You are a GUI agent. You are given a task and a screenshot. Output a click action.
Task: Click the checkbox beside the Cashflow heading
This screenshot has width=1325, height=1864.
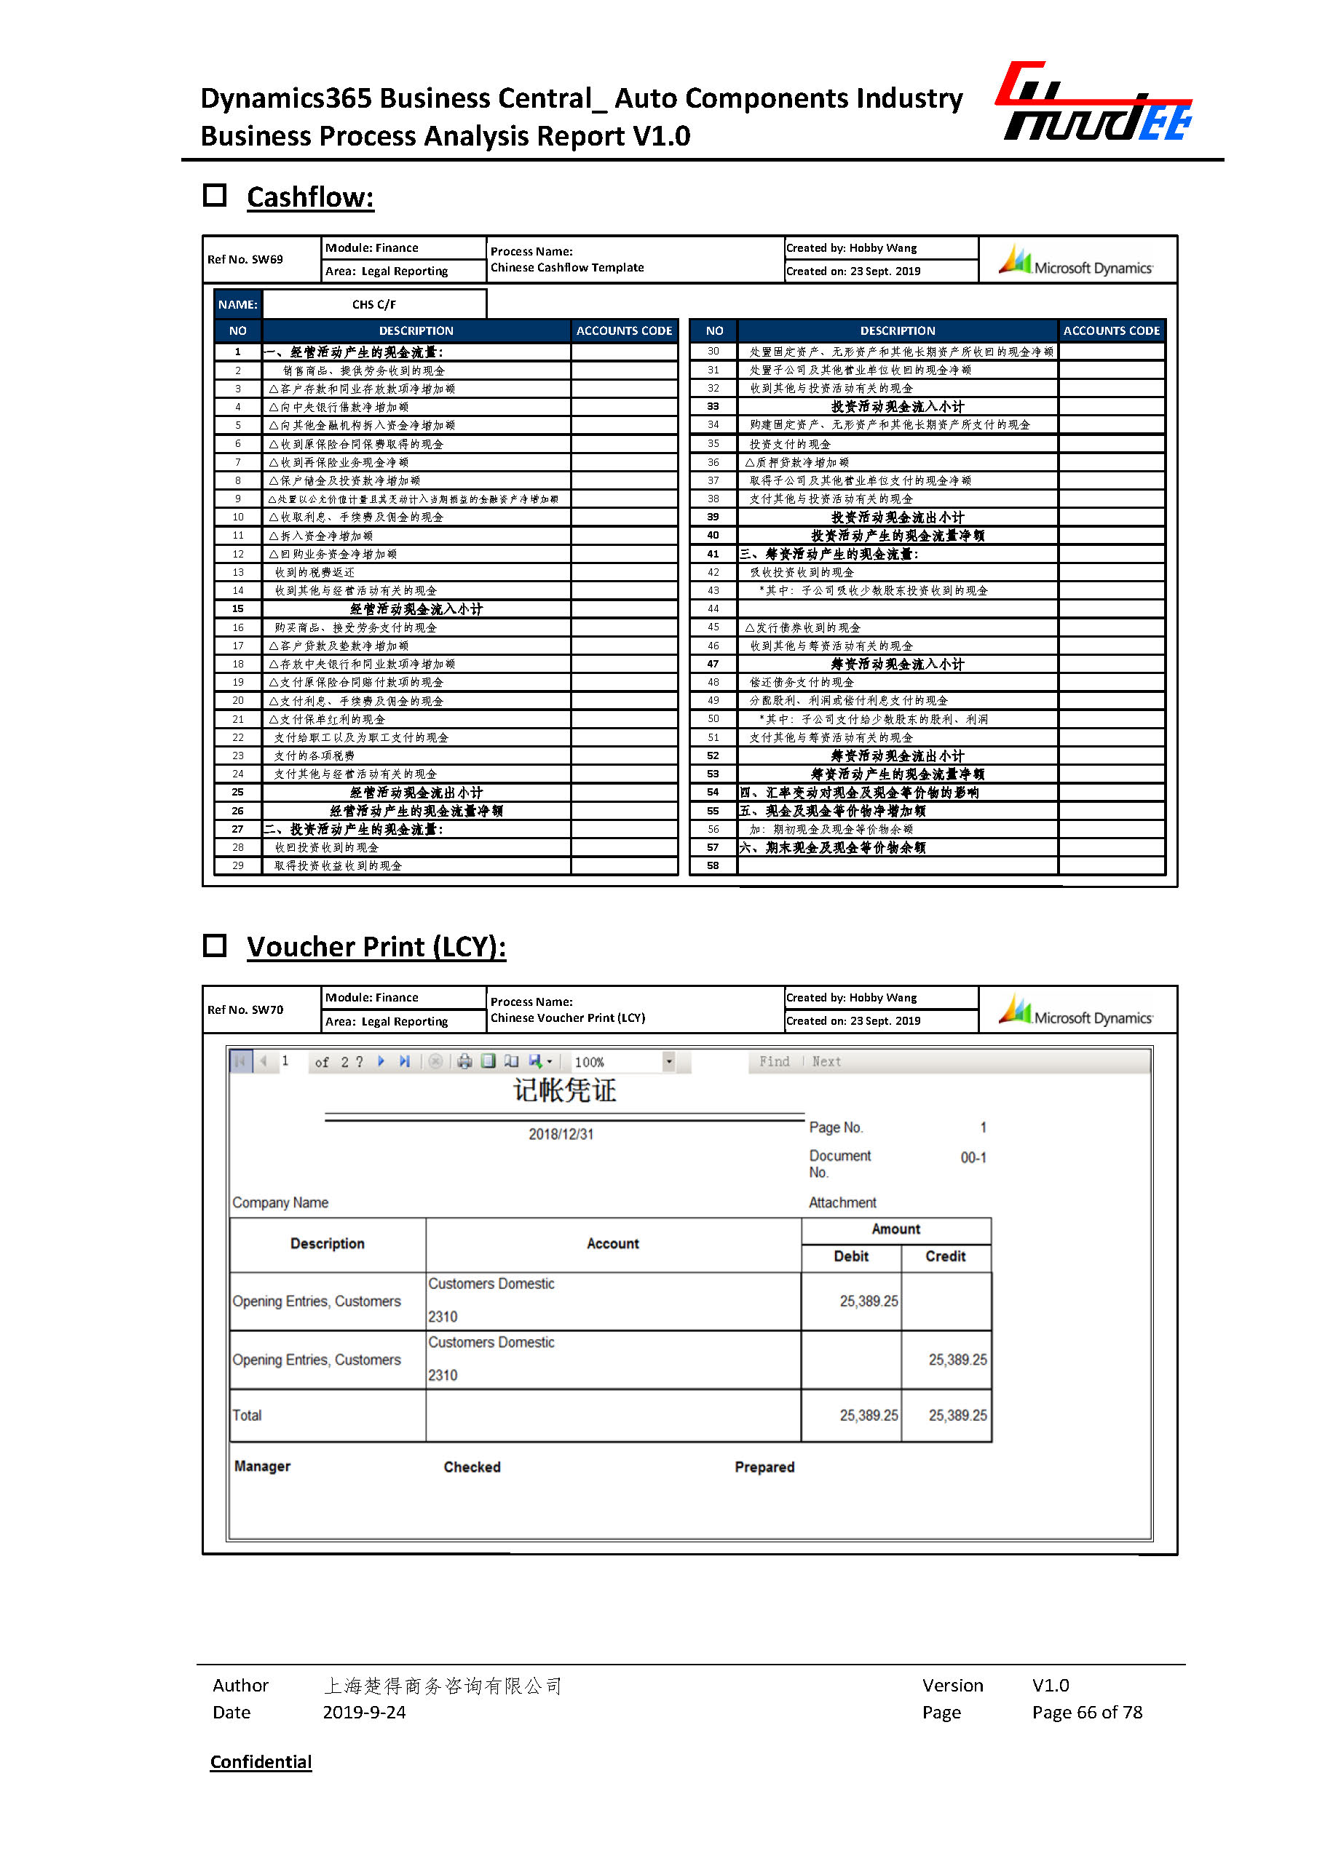(215, 196)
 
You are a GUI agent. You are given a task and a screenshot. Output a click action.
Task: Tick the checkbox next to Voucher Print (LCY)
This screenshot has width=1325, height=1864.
(215, 945)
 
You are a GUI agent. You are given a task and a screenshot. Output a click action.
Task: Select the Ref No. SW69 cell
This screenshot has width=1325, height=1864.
(245, 259)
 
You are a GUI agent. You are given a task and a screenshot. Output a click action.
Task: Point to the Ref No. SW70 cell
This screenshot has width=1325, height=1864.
(245, 1010)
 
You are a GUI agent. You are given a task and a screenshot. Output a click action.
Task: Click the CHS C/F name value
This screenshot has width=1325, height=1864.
(373, 304)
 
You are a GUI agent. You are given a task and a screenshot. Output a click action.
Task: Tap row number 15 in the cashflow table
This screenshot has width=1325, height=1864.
(237, 608)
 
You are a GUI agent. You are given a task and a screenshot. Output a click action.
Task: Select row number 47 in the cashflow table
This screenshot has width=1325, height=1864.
(713, 664)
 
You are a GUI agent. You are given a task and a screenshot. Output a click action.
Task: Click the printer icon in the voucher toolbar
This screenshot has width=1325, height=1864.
(464, 1061)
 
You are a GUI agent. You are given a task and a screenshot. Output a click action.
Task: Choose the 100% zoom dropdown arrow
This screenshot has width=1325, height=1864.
(669, 1061)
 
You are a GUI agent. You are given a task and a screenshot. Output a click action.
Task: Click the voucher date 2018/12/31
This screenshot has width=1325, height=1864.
(561, 1134)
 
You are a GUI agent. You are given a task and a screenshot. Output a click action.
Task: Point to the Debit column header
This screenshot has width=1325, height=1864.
(851, 1256)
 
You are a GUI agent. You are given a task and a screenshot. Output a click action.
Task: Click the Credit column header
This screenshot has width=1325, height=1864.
(945, 1256)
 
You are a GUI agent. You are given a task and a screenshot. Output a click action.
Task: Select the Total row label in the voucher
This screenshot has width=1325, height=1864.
(248, 1416)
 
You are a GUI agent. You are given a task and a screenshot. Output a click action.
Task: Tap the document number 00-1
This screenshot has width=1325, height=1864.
(973, 1157)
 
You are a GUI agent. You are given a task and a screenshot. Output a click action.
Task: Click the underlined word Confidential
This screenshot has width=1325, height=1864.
(261, 1761)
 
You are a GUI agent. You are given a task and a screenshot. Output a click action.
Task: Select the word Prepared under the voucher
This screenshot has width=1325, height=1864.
(764, 1467)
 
